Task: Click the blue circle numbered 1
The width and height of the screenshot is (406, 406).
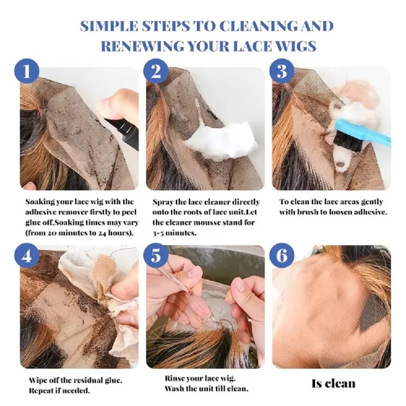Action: (27, 71)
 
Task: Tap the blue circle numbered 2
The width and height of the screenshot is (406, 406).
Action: (155, 71)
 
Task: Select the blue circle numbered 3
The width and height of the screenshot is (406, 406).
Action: (282, 71)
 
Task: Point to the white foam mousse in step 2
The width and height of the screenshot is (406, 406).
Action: (222, 141)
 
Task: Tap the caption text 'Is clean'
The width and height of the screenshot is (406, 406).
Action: (333, 384)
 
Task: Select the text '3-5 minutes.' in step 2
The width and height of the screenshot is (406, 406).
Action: (174, 233)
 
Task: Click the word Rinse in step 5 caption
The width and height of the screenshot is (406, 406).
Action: (175, 378)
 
